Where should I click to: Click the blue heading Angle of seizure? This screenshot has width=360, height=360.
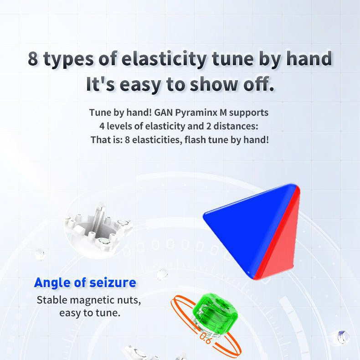[85, 283]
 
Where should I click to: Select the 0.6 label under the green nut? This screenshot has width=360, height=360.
[205, 337]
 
